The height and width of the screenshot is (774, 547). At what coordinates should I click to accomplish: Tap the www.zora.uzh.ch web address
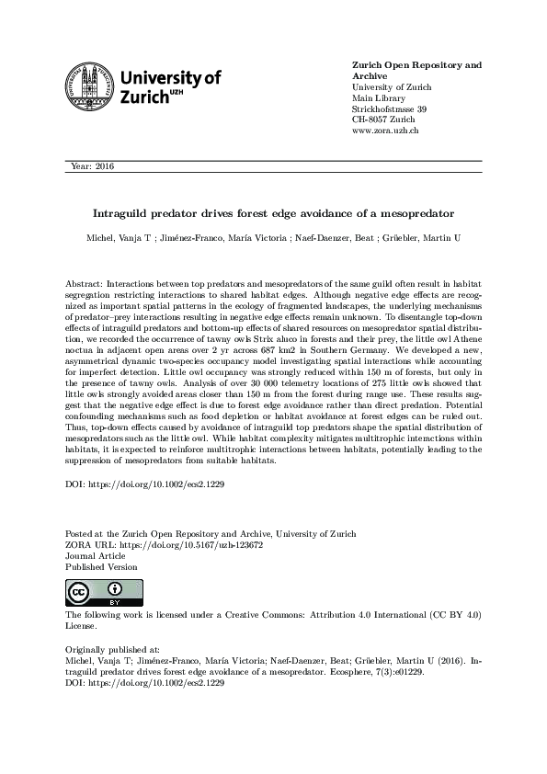click(386, 131)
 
